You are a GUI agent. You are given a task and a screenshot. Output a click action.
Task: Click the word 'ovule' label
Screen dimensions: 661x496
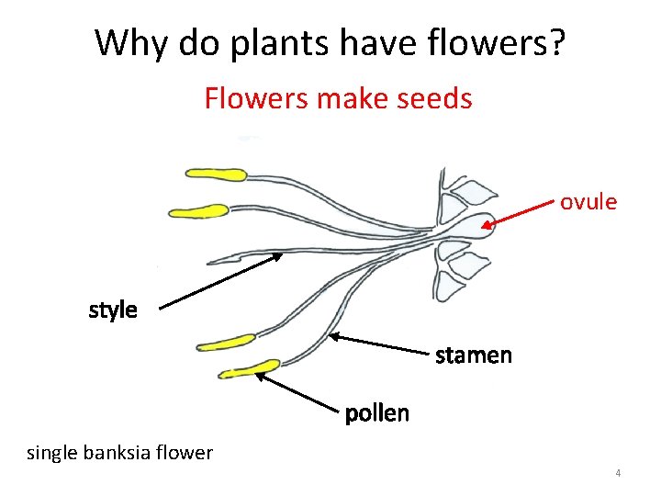[588, 201]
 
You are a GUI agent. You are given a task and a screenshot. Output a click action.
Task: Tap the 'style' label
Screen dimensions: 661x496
[113, 310]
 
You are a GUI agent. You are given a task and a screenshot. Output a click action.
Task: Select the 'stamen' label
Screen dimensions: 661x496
[473, 354]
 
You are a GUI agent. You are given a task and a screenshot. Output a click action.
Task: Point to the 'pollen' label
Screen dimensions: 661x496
[376, 413]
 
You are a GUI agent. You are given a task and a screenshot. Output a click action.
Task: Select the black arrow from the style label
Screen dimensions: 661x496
[220, 280]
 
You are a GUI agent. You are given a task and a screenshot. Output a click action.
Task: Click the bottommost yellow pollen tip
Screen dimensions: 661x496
[249, 369]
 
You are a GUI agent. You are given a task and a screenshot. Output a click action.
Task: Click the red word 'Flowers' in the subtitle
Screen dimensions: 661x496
[254, 97]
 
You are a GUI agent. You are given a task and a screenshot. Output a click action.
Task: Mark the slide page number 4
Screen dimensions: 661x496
[618, 473]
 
